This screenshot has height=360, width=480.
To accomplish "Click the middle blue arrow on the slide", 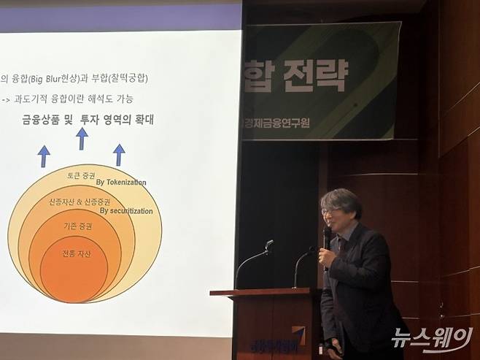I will click(x=82, y=138).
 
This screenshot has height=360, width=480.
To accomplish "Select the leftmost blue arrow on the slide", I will click(x=44, y=156).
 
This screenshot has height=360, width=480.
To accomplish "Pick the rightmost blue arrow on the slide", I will click(x=119, y=154).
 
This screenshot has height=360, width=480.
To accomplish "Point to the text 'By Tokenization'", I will click(x=121, y=183).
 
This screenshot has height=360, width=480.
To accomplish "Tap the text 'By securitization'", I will click(x=126, y=211).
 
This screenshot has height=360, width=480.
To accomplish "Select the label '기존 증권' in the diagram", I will click(x=76, y=225).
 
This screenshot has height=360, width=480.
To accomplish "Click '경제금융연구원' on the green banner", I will click(x=275, y=123).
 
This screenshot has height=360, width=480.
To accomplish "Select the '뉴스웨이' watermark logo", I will click(x=432, y=338).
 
